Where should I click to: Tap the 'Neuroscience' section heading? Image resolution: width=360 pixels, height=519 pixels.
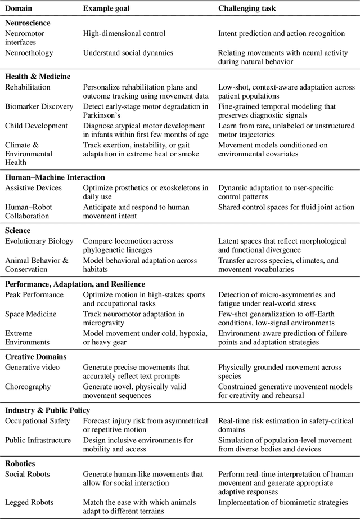point(28,23)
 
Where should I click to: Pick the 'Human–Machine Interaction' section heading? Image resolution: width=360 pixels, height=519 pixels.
point(55,177)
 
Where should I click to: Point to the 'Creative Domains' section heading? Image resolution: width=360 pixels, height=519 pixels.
point(35,356)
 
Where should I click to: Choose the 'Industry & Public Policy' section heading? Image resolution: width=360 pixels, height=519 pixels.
point(47,410)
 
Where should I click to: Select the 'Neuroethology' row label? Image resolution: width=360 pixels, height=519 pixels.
point(29,53)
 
